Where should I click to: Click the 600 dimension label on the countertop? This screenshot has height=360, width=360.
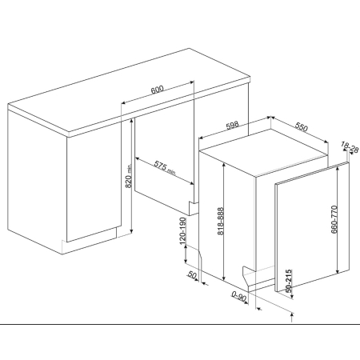click(x=157, y=90)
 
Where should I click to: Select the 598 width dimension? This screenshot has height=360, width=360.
click(x=232, y=126)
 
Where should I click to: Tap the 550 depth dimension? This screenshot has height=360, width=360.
click(x=302, y=127)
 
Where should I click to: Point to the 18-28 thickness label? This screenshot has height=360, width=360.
click(x=350, y=148)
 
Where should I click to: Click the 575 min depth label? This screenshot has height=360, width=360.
click(x=165, y=168)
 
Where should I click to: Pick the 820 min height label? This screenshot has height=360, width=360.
click(x=129, y=176)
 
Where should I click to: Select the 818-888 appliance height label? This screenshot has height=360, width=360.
click(x=221, y=222)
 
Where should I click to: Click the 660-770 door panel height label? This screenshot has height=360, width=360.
click(x=334, y=219)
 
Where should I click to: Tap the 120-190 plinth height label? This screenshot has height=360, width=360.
click(x=182, y=231)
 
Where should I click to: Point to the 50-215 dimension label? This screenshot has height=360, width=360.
click(x=289, y=281)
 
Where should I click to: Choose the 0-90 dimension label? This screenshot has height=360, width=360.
click(x=239, y=296)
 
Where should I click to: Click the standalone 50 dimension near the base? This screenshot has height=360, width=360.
click(x=192, y=274)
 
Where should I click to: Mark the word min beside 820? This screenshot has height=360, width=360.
click(x=130, y=168)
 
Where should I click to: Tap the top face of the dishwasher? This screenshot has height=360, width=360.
click(x=264, y=153)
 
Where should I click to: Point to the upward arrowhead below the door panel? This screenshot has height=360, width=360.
click(x=292, y=315)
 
